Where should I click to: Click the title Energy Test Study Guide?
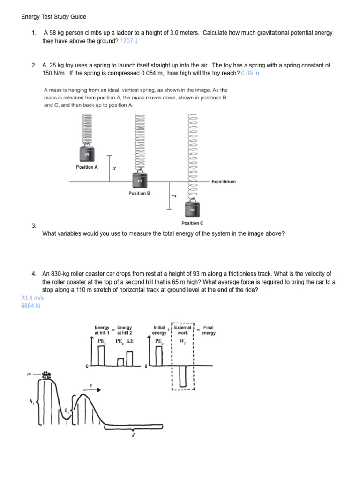click(x=53, y=17)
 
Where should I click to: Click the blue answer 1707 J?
click(x=129, y=41)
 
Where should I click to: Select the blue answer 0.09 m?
click(x=250, y=74)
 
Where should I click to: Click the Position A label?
click(x=87, y=167)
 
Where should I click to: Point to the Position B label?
click(x=139, y=193)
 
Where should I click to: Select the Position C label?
click(x=192, y=223)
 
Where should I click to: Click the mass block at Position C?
click(x=192, y=209)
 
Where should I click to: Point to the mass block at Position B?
click(x=139, y=180)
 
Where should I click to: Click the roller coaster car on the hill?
click(x=46, y=374)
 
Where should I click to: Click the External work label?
click(x=183, y=330)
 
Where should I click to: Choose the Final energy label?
click(x=209, y=330)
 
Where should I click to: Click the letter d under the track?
click(x=133, y=435)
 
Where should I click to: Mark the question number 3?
click(x=34, y=226)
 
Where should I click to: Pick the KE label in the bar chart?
click(x=129, y=342)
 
